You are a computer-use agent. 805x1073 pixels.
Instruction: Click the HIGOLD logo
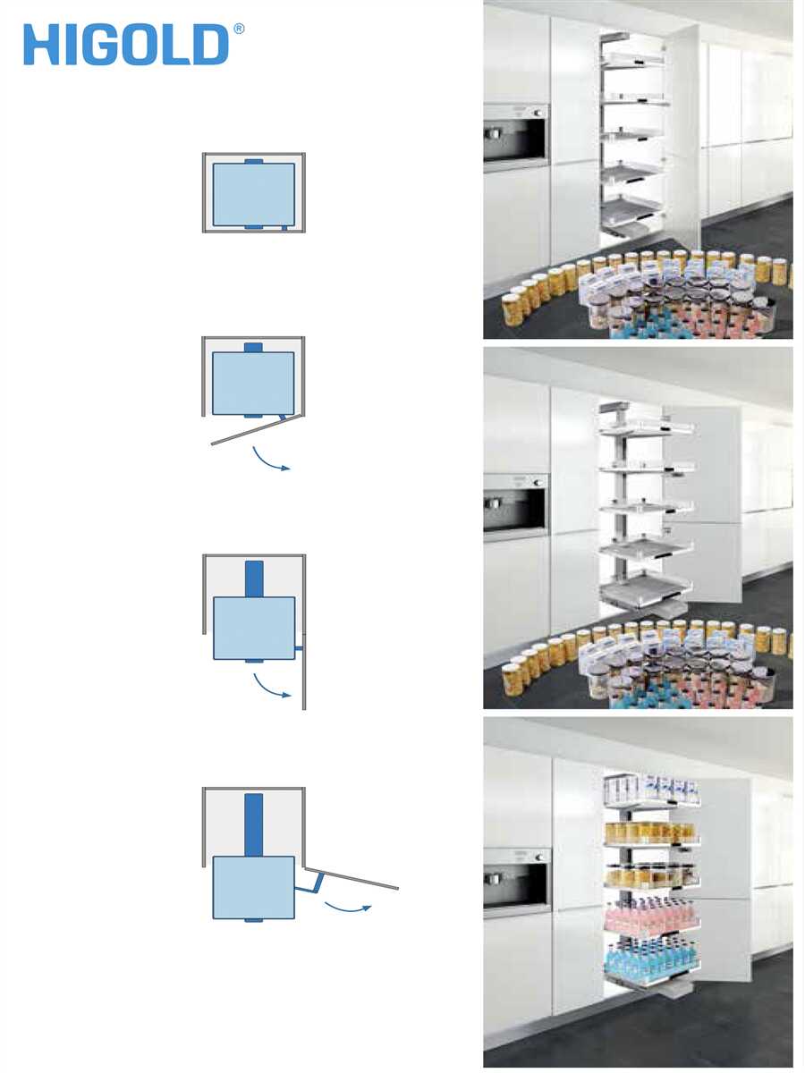(133, 45)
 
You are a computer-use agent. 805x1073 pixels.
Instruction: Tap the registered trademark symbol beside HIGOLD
(239, 29)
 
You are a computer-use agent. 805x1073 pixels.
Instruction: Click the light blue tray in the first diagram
(254, 195)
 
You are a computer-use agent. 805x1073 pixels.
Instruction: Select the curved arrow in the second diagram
(270, 461)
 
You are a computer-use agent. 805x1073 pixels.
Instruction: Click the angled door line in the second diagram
(257, 430)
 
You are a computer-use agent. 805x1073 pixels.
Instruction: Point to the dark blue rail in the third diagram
(254, 579)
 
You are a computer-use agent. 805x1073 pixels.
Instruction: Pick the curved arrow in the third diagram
(271, 688)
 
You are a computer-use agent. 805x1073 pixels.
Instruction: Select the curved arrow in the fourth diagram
(348, 909)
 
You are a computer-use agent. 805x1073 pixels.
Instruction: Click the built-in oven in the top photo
(516, 139)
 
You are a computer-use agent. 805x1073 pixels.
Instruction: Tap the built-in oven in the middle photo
(516, 507)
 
